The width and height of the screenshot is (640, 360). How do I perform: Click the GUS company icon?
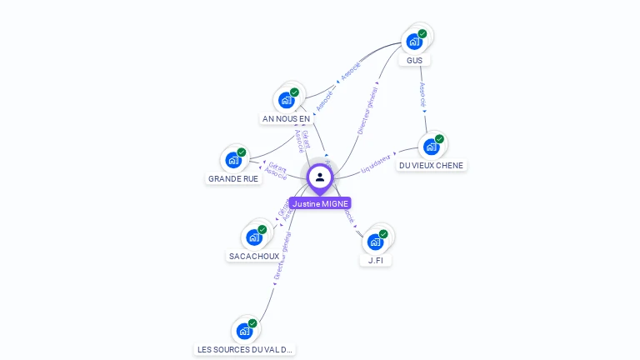click(x=413, y=41)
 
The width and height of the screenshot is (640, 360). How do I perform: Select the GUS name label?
click(x=415, y=61)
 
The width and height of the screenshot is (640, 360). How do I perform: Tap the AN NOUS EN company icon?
click(x=287, y=100)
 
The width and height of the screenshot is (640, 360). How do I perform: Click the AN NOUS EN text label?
click(x=286, y=119)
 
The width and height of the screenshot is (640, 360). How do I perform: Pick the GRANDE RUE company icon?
click(x=233, y=159)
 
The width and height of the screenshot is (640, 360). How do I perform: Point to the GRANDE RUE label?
click(x=233, y=179)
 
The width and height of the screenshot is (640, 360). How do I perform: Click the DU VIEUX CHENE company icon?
click(x=431, y=147)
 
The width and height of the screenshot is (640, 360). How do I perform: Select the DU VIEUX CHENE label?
click(x=431, y=166)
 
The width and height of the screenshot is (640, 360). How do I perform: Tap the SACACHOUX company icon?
click(x=254, y=237)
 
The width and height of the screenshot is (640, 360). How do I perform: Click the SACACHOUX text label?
click(x=254, y=257)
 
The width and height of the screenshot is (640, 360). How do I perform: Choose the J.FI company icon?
click(x=376, y=242)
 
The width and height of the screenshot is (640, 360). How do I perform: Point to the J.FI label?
click(x=376, y=261)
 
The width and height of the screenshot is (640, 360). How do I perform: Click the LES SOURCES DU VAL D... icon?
click(x=244, y=331)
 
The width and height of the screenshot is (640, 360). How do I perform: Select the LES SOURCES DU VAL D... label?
click(x=245, y=350)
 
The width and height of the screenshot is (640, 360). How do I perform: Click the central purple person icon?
click(x=319, y=177)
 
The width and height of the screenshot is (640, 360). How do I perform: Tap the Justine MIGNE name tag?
click(x=320, y=203)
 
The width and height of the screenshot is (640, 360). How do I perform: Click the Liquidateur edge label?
click(x=376, y=162)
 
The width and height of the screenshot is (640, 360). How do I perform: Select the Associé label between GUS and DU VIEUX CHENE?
click(x=423, y=93)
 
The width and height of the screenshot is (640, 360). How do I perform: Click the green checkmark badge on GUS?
click(x=422, y=33)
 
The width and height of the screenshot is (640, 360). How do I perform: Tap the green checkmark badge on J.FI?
click(x=383, y=234)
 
